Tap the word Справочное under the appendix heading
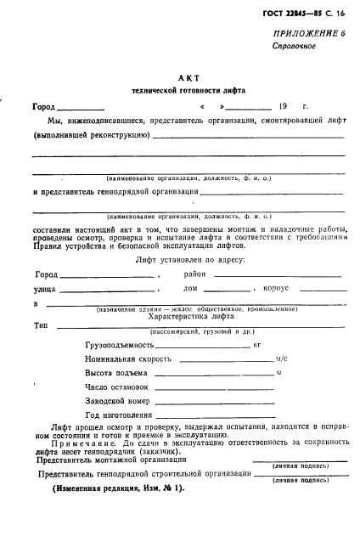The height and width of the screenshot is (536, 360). tap(294, 70)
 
